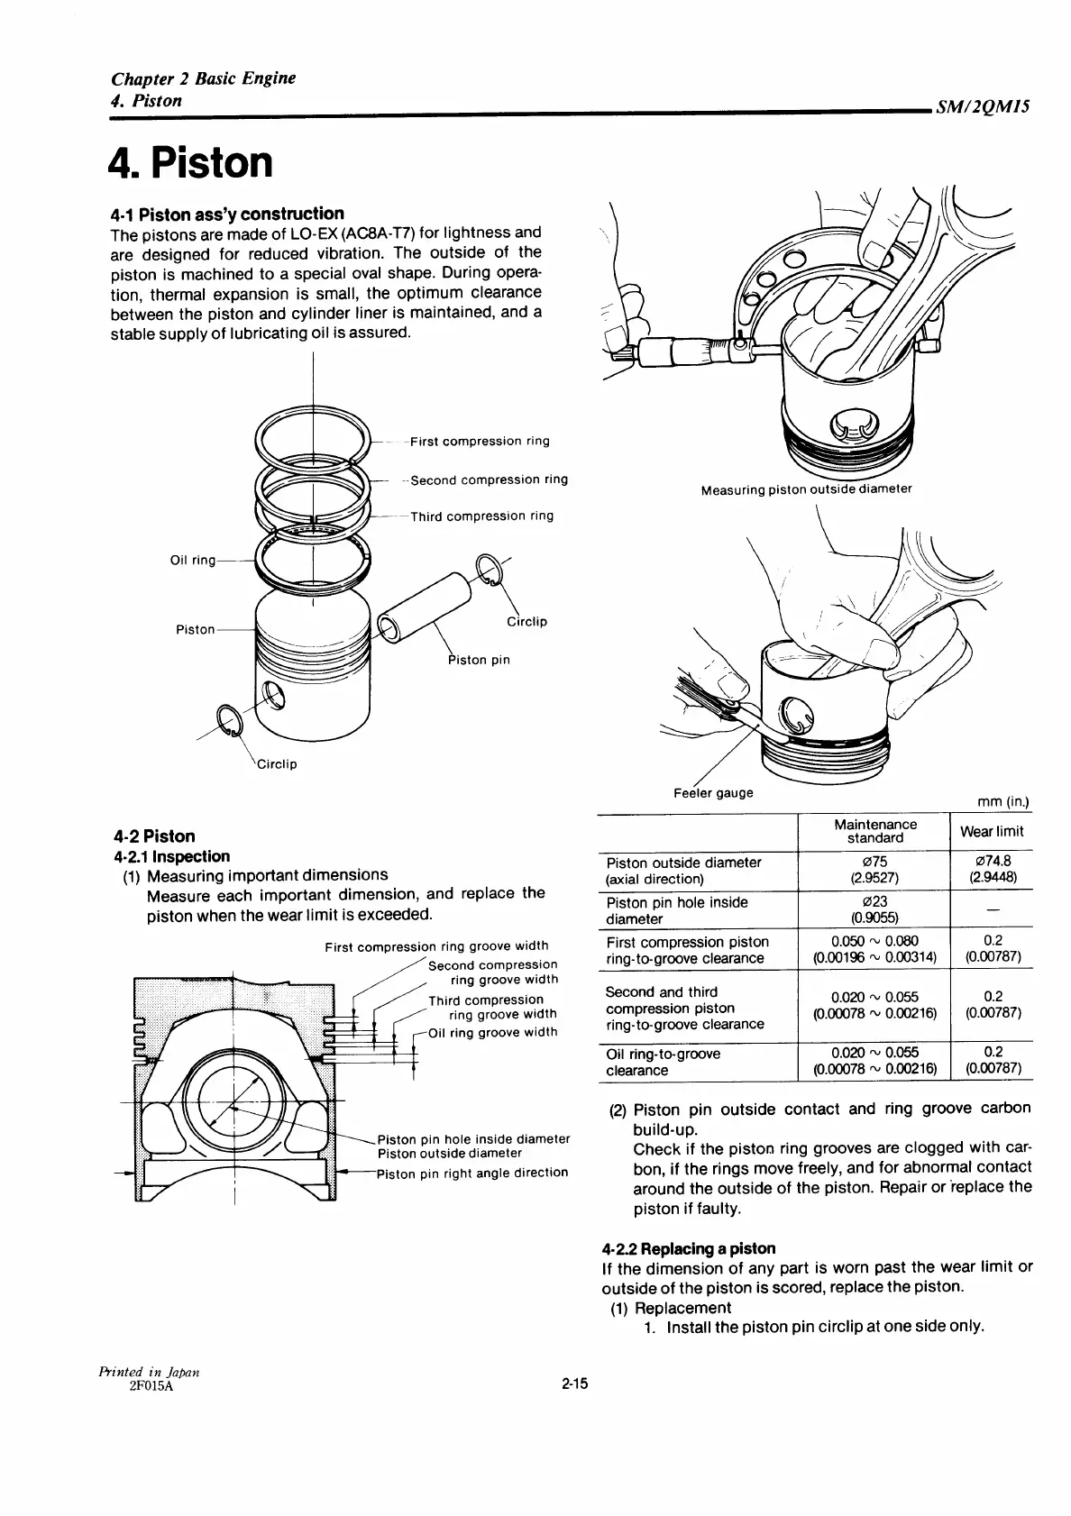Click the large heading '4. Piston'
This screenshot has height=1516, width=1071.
(x=190, y=163)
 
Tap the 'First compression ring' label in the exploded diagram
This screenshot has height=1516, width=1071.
(x=479, y=442)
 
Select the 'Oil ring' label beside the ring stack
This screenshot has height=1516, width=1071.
(x=193, y=561)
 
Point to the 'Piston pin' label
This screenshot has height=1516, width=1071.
(x=480, y=660)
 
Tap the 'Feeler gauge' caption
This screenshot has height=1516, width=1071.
(x=714, y=793)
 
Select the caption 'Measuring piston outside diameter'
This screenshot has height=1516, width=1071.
(x=806, y=489)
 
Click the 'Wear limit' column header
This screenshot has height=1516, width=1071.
(x=992, y=831)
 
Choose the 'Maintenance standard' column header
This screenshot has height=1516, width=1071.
(x=874, y=831)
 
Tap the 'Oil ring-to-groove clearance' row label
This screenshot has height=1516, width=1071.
(x=664, y=1062)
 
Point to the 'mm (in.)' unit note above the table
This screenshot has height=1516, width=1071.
(x=1002, y=802)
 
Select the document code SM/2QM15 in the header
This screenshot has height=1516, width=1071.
(x=983, y=107)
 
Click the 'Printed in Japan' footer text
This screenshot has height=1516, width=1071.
(x=149, y=1371)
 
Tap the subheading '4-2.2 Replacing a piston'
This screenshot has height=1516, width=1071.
(x=688, y=1248)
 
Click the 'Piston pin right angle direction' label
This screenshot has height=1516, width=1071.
(x=472, y=1173)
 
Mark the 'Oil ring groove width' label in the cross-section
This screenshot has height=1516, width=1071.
(x=492, y=1033)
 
